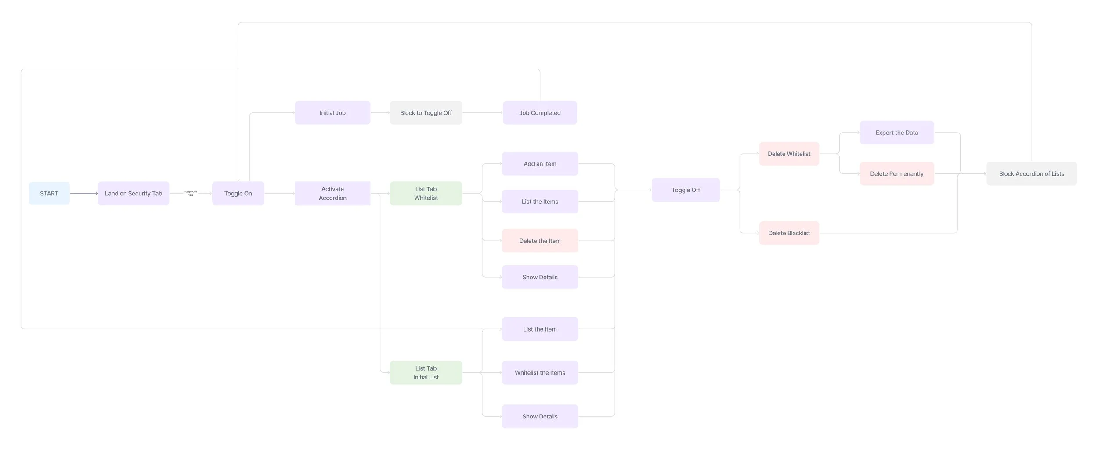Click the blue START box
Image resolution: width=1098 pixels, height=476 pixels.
[49, 193]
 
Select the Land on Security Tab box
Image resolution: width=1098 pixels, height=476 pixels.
[134, 193]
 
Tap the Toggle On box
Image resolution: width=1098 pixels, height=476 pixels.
[238, 193]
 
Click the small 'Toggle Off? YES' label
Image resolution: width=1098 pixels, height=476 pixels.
[191, 193]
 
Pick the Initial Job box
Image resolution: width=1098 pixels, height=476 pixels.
[332, 113]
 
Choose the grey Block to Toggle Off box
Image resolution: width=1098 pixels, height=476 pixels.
[426, 113]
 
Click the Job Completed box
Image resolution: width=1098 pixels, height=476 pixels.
[540, 113]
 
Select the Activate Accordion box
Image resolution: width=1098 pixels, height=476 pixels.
[332, 193]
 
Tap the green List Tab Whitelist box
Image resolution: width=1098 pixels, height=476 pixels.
[426, 193]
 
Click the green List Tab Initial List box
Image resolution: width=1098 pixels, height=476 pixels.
[426, 372]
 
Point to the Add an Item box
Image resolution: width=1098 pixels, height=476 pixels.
[540, 164]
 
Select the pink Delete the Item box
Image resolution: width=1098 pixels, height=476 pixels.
[540, 241]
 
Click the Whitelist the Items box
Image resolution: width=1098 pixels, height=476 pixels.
[540, 372]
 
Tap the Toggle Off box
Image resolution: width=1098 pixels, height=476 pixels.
[686, 190]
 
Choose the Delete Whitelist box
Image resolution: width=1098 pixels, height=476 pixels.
[789, 154]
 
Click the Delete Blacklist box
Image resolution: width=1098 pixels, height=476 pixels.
[789, 233]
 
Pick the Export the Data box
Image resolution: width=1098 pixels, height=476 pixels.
[896, 133]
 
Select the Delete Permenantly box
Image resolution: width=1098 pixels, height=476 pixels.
[896, 173]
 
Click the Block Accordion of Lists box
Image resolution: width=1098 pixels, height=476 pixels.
[1031, 173]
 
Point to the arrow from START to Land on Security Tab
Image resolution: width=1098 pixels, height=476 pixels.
[83, 193]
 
